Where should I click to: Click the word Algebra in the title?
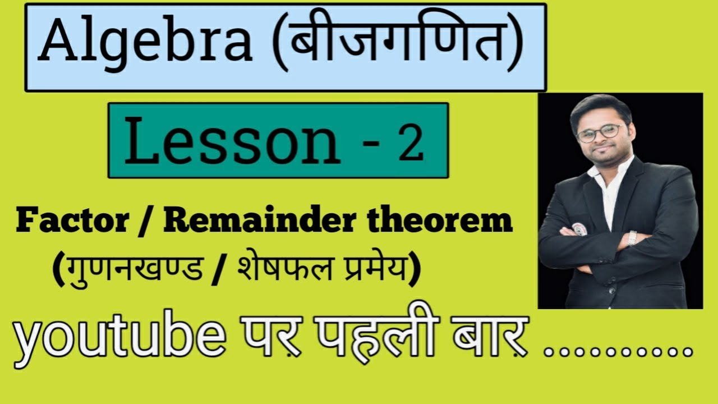(145, 44)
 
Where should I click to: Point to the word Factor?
(72, 222)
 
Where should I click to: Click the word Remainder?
(258, 222)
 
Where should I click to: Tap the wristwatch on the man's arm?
(633, 238)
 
